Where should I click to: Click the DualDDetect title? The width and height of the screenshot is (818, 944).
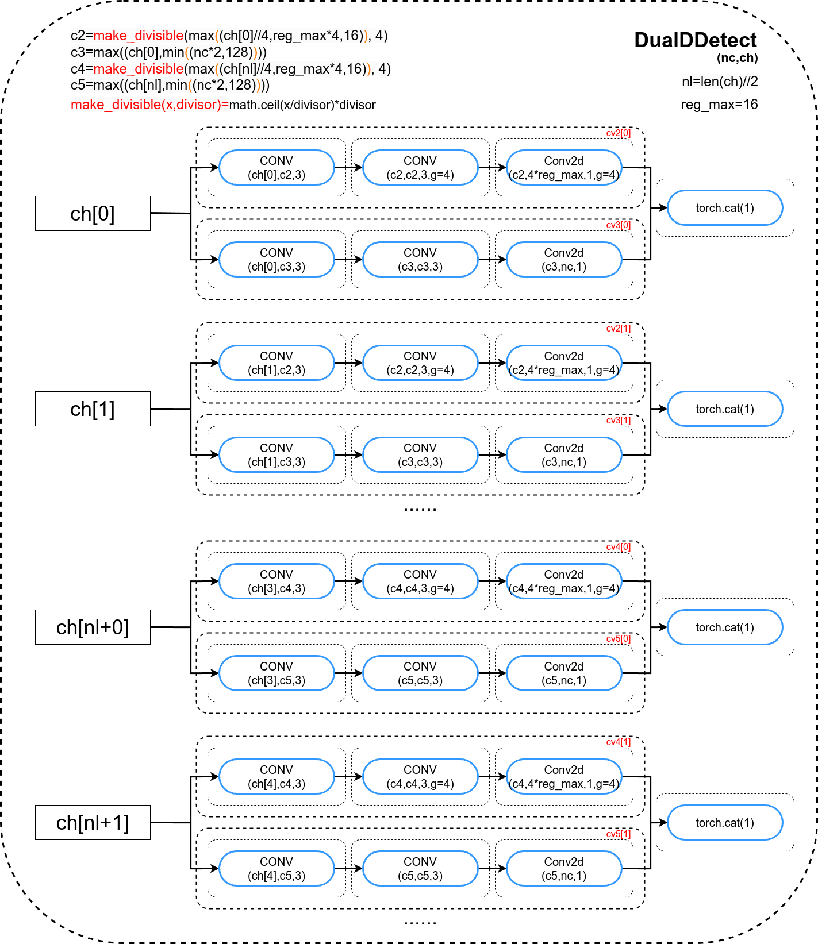696,40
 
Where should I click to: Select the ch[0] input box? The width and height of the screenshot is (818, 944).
93,214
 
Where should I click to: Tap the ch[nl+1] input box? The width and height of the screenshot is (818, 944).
93,823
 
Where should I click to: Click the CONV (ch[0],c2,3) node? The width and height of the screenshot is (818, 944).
276,168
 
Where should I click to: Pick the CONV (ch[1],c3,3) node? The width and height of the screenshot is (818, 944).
276,455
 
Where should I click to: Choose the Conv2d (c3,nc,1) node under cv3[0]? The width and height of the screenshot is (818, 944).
564,260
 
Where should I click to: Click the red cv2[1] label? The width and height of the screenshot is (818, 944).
619,329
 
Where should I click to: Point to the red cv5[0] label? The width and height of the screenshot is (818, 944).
619,639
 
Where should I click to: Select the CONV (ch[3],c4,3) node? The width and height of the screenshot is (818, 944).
276,581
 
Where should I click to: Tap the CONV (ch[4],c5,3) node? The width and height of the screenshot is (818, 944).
276,869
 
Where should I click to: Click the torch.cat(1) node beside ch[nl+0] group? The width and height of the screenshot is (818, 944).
725,627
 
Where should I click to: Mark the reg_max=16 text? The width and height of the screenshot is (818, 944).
720,105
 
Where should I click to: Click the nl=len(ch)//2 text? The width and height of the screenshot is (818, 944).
720,82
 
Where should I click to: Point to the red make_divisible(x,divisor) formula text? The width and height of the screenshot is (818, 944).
149,105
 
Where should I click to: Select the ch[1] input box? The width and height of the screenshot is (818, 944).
93,409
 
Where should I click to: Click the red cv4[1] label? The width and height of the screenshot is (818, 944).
619,742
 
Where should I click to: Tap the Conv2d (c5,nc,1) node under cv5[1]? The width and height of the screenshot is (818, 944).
564,869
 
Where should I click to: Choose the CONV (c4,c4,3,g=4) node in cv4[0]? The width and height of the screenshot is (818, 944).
420,581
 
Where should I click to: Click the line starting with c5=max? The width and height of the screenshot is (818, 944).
170,85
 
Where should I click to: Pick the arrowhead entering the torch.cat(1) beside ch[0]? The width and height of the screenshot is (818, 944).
663,208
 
